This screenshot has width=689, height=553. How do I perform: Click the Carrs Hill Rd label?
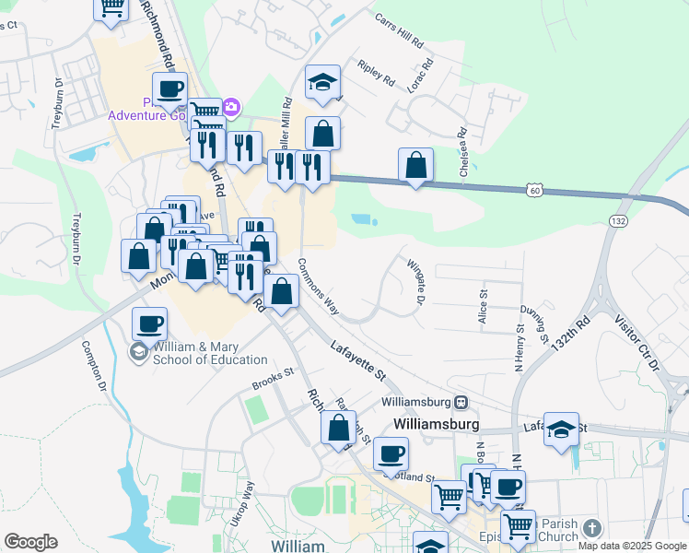pos(399,30)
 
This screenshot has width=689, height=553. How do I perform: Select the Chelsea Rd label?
pos(462,157)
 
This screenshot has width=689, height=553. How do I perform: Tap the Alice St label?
pos(482,304)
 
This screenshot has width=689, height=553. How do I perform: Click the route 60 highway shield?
pos(535,190)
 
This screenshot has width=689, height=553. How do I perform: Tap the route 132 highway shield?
pos(617,220)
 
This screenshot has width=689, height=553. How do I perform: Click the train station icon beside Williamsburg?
pos(461,402)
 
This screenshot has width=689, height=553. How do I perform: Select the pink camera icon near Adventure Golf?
pos(230,108)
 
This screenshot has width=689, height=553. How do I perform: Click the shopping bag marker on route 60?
pos(416,166)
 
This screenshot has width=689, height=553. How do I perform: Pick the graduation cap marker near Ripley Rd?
pos(323,83)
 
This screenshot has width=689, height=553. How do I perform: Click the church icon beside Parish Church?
pos(591,528)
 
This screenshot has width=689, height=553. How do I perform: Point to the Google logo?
pos(30,542)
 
